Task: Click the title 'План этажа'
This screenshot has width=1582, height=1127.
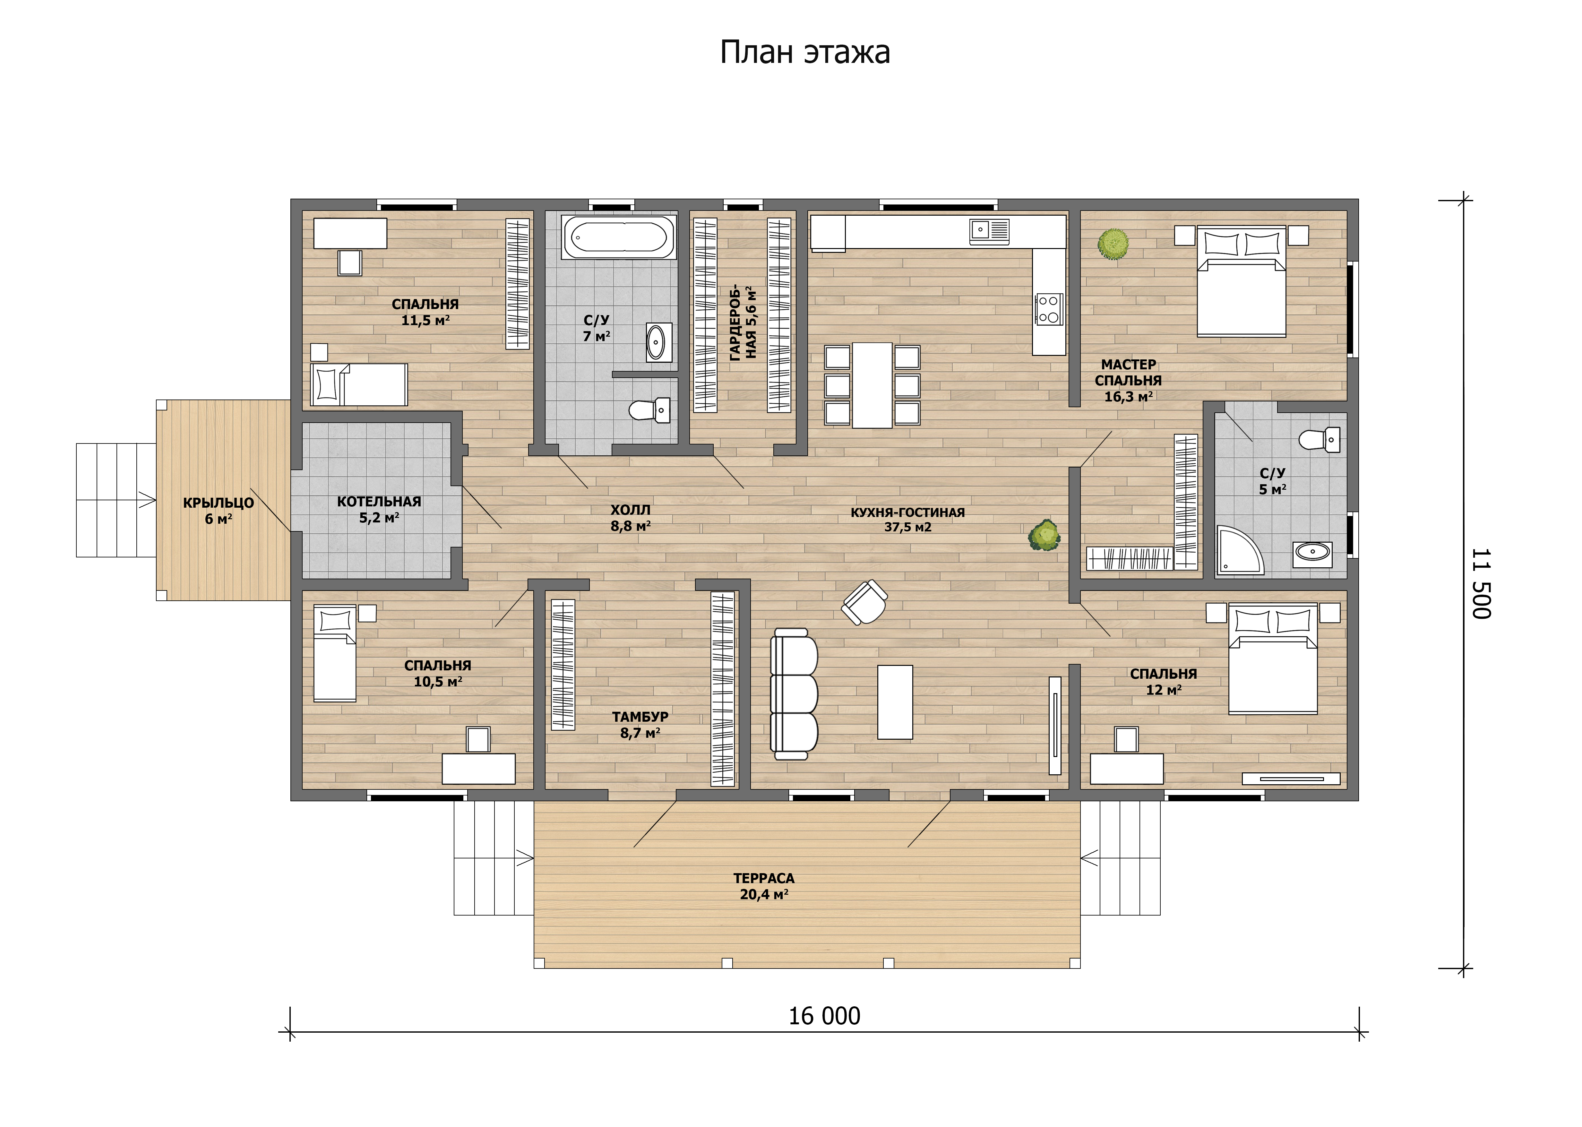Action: click(805, 52)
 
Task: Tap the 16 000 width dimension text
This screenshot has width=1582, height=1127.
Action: click(824, 1016)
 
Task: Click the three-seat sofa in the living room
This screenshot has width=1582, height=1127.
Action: click(795, 694)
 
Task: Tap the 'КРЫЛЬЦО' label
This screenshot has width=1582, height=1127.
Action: click(219, 503)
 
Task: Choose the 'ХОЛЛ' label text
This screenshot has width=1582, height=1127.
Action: click(631, 510)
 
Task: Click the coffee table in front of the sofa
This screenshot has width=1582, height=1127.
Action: click(895, 702)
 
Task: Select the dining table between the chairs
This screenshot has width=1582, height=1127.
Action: click(872, 385)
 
